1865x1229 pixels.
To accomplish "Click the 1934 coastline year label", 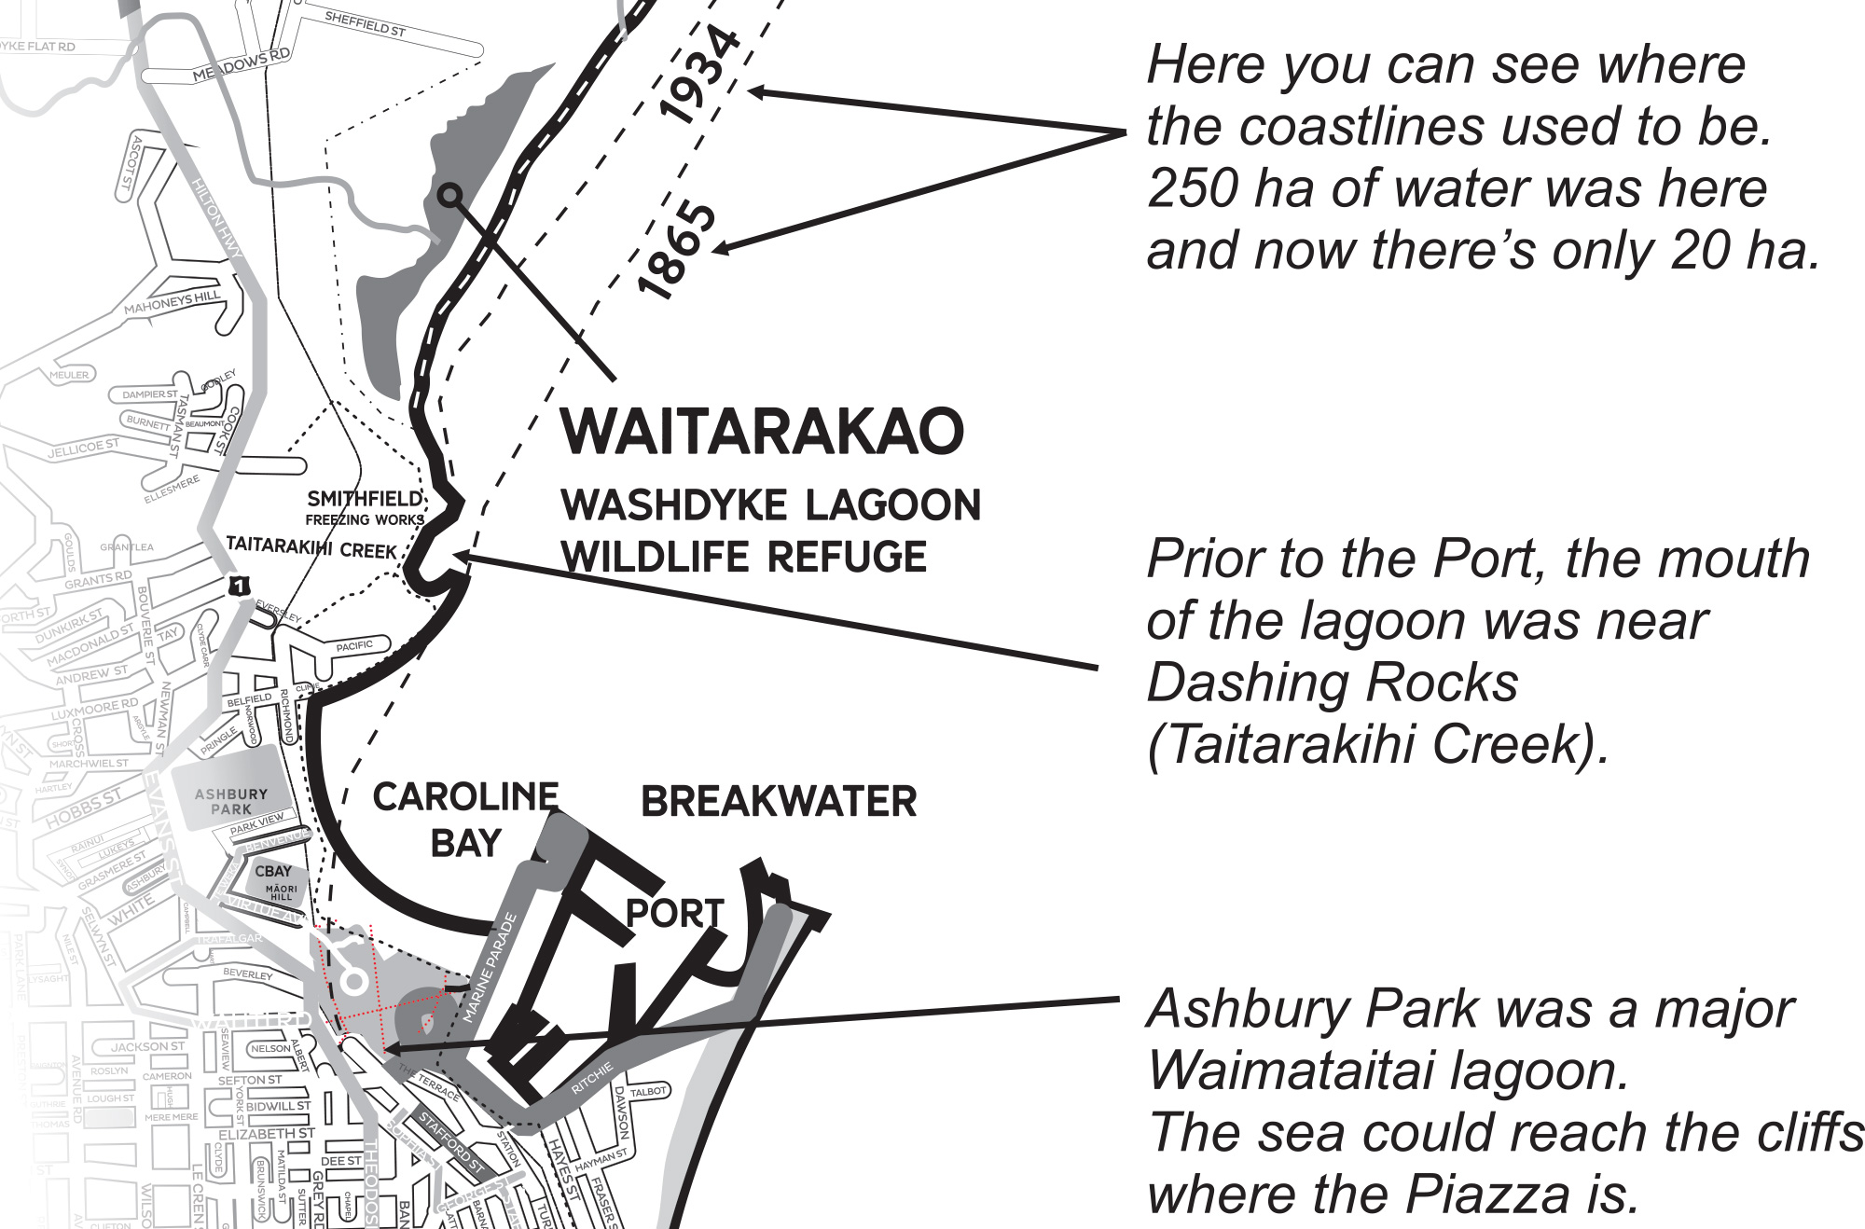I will pos(700,76).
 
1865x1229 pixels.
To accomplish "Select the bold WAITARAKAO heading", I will pos(762,431).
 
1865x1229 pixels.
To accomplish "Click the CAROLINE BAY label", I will pos(465,820).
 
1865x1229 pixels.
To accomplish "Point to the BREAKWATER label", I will pos(779,802).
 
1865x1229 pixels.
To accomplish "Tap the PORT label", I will pos(674,913).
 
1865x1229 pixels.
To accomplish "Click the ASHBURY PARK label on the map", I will pos(230,801).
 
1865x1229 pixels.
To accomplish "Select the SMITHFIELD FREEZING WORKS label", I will pos(365,508).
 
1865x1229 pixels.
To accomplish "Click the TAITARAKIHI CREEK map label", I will pos(311,547).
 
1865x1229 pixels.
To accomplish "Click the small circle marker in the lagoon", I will pos(450,195).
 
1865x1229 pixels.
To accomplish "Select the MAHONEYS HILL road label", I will pos(172,303).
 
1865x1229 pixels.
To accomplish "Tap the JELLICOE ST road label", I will pos(83,449).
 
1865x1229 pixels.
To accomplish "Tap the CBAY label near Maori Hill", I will pos(273,871).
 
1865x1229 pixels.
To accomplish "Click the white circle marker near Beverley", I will pos(353,981).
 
